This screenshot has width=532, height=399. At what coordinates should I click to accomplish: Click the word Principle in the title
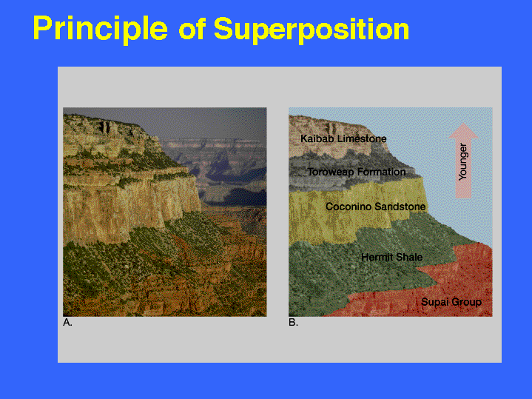101,29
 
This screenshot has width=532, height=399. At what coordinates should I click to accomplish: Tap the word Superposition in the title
311,30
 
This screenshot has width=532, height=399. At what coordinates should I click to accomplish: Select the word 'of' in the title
192,29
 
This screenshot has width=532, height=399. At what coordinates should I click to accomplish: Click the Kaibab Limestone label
343,138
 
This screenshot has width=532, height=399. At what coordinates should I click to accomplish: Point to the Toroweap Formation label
357,172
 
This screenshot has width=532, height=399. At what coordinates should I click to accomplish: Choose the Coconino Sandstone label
376,207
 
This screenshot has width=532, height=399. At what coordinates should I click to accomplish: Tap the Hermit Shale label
392,257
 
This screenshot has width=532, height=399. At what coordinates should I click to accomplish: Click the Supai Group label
451,302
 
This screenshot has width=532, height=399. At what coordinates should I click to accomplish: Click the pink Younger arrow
463,161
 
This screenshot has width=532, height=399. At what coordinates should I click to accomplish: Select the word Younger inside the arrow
463,161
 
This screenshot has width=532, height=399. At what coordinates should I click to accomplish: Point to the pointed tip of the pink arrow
463,124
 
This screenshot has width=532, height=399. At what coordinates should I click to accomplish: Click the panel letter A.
67,322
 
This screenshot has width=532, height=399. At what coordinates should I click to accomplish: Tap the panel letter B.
293,322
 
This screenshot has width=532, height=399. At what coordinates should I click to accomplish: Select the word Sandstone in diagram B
401,207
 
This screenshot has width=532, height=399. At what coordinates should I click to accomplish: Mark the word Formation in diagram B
381,172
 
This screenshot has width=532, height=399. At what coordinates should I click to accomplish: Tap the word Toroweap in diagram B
331,172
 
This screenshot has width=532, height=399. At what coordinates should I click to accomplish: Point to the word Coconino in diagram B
350,207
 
